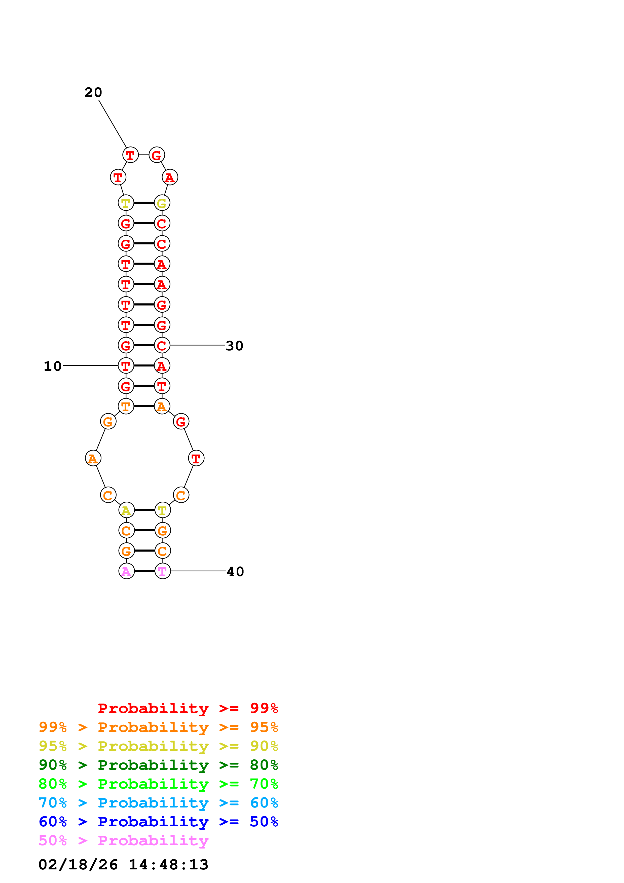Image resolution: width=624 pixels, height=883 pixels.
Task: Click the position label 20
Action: pos(93,92)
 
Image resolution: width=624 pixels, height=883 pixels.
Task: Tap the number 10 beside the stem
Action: pos(53,366)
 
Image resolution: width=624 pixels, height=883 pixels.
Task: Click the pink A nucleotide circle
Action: pos(127,571)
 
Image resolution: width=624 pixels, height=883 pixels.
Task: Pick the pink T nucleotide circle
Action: pos(163,571)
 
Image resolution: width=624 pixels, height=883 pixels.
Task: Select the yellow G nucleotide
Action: pos(162,203)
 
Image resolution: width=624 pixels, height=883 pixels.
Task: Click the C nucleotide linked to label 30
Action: pos(162,345)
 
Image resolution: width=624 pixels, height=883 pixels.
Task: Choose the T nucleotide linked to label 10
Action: pos(126,366)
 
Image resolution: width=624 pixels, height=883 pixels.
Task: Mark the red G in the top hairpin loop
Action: pos(157,155)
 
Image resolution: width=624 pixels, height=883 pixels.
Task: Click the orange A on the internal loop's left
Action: pos(93,458)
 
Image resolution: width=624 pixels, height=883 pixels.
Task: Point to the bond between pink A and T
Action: pos(144,571)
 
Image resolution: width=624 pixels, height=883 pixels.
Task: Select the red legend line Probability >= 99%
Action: pos(188,708)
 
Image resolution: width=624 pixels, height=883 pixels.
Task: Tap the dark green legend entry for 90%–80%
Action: pos(158,765)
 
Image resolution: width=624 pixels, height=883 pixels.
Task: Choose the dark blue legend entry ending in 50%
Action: pos(158,822)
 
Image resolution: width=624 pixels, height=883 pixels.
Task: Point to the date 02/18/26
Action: pos(78,865)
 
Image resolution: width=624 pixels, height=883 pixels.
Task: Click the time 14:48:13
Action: pos(168,865)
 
